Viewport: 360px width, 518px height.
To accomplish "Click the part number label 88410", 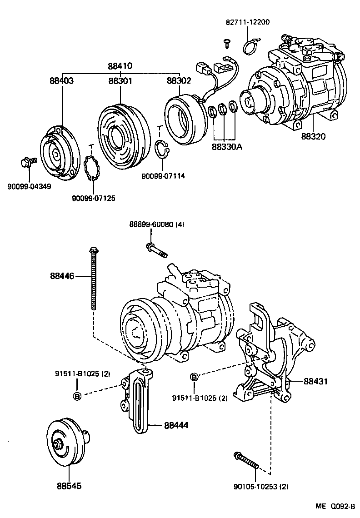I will point(120,66).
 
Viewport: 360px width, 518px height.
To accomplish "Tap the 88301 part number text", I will point(120,81).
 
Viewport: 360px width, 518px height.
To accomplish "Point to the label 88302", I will point(179,81).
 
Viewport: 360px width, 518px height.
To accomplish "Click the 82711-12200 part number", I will point(248,22).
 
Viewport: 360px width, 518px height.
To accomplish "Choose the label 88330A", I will point(227,147).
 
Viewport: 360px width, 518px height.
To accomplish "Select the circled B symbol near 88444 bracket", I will point(77,396).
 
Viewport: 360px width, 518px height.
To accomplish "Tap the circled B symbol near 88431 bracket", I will point(194,377).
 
